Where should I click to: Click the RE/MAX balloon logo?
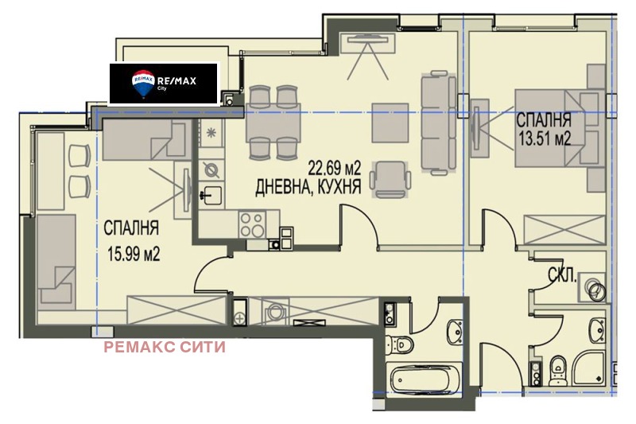(x=143, y=84)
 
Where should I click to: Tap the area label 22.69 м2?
(x=334, y=167)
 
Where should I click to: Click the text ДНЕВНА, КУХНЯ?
(x=308, y=188)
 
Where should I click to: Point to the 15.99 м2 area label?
(x=134, y=255)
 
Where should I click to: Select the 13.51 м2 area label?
(x=545, y=138)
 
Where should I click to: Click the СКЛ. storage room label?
(x=562, y=276)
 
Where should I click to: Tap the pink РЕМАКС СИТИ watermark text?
(x=165, y=348)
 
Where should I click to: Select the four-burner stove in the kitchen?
(x=252, y=224)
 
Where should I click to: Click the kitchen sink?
(x=211, y=196)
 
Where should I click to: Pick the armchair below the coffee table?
(x=390, y=179)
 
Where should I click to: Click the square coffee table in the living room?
(x=390, y=123)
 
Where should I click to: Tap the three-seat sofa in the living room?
(x=439, y=123)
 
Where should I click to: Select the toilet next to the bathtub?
(x=400, y=345)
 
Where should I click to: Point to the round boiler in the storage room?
(x=595, y=289)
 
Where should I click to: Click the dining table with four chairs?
(x=273, y=123)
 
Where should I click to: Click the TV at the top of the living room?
(x=367, y=38)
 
